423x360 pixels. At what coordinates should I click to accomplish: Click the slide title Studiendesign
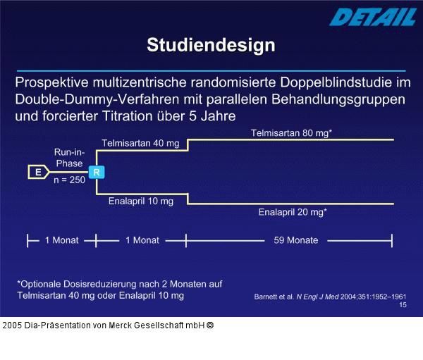[x=211, y=46]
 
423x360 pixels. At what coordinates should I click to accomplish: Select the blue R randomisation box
[x=96, y=171]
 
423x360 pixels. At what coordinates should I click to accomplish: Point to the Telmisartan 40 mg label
[x=140, y=143]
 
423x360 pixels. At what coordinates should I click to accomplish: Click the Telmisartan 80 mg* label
[x=292, y=132]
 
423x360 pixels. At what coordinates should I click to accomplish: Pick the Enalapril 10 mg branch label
[x=140, y=201]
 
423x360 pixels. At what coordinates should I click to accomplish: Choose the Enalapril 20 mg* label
[x=292, y=211]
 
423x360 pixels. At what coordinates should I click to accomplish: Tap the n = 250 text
[x=69, y=180]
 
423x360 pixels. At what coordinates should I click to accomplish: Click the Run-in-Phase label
[x=69, y=157]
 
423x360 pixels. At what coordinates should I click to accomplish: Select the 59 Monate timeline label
[x=295, y=240]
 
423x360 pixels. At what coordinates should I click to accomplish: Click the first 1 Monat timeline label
[x=62, y=240]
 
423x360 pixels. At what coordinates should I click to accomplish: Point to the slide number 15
[x=403, y=305]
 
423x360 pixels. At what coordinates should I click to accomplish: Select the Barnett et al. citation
[x=330, y=297]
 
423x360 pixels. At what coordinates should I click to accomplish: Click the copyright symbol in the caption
[x=210, y=325]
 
